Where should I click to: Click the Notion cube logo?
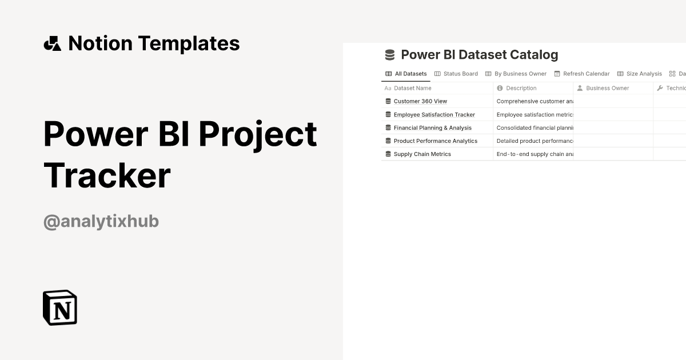(60, 307)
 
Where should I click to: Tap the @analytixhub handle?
(101, 221)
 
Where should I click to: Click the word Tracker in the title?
(107, 175)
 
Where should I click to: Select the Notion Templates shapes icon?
(52, 43)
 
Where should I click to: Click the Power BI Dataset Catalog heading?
(479, 55)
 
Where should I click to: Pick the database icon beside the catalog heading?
(390, 55)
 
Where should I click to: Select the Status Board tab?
(456, 74)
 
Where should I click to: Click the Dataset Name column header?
(412, 88)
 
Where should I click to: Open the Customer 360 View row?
(420, 101)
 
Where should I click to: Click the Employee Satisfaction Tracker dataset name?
(434, 114)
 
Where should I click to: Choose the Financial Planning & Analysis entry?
(432, 127)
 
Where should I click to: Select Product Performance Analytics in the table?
(435, 141)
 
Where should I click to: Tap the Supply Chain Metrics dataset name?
(422, 154)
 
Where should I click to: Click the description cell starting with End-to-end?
(534, 154)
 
